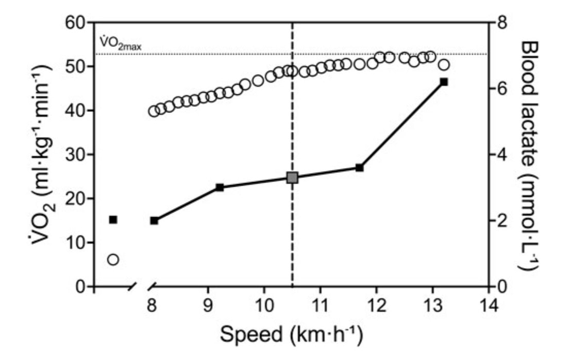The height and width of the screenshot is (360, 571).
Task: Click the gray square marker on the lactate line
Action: [x=292, y=178]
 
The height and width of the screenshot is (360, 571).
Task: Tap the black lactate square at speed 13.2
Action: [x=443, y=82]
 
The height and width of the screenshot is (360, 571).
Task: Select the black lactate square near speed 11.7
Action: [x=359, y=168]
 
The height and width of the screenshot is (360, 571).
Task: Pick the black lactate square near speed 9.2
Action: [x=220, y=187]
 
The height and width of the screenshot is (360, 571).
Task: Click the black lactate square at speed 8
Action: [x=154, y=221]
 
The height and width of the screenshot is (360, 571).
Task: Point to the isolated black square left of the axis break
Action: [x=113, y=220]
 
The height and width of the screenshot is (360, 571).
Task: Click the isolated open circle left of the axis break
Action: [x=113, y=259]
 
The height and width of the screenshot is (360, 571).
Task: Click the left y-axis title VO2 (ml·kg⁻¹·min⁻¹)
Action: [x=44, y=155]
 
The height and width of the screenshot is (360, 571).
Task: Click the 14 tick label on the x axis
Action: [x=489, y=306]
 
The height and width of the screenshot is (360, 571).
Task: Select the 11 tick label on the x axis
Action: [x=320, y=306]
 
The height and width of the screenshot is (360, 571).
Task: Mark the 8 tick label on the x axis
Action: [x=152, y=306]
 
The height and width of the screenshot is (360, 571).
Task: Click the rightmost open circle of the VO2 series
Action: [x=443, y=65]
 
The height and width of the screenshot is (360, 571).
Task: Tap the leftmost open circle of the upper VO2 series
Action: [x=154, y=111]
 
